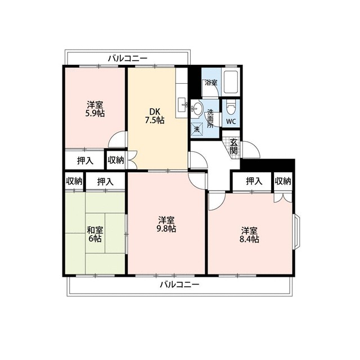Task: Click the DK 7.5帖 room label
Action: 155,116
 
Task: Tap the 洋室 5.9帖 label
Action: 95,109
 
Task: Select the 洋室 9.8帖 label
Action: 166,224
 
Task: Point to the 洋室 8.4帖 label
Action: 249,235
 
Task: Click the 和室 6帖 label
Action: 95,234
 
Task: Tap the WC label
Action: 231,121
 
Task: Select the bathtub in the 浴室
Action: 231,82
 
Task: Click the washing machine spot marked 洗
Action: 197,129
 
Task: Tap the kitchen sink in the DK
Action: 182,105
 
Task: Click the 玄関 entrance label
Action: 234,146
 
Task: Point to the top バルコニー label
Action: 128,58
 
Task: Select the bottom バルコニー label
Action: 179,285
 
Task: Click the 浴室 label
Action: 211,83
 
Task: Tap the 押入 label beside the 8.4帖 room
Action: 254,181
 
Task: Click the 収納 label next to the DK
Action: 116,160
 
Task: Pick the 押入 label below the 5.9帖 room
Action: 85,161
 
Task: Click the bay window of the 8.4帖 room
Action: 296,231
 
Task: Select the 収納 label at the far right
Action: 283,181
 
